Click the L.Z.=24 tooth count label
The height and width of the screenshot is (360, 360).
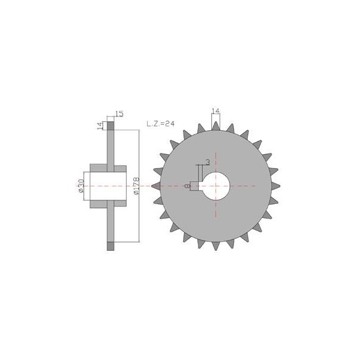pyautogui.click(x=160, y=124)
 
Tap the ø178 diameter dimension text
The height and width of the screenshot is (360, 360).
pyautogui.click(x=136, y=186)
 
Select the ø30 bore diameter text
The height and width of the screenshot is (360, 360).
pyautogui.click(x=81, y=186)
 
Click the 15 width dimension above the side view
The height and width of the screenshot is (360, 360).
pyautogui.click(x=119, y=113)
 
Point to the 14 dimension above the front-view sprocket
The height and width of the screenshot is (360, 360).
pyautogui.click(x=215, y=111)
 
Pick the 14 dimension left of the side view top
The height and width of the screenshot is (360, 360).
pyautogui.click(x=100, y=126)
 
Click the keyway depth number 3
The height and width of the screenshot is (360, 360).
pyautogui.click(x=208, y=163)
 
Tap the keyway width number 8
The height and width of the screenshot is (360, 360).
pyautogui.click(x=188, y=186)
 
